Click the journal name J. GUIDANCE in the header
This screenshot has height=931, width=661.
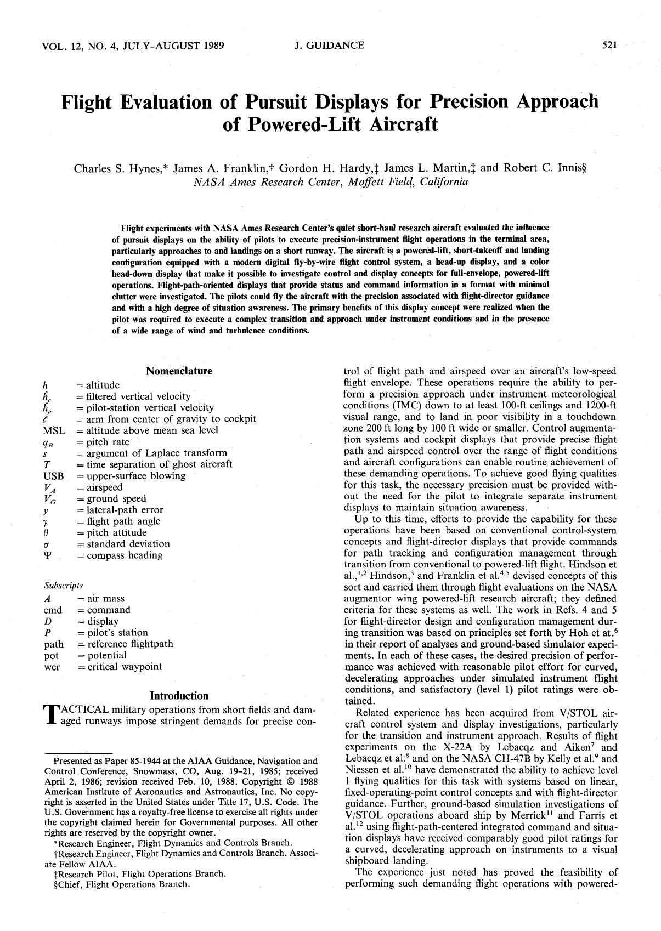pyautogui.click(x=329, y=46)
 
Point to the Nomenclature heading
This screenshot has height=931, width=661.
pyautogui.click(x=179, y=371)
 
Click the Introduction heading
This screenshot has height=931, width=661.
pyautogui.click(x=179, y=696)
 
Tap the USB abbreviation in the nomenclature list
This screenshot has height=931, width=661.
pyautogui.click(x=53, y=476)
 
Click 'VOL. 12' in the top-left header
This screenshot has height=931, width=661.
pyautogui.click(x=60, y=46)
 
